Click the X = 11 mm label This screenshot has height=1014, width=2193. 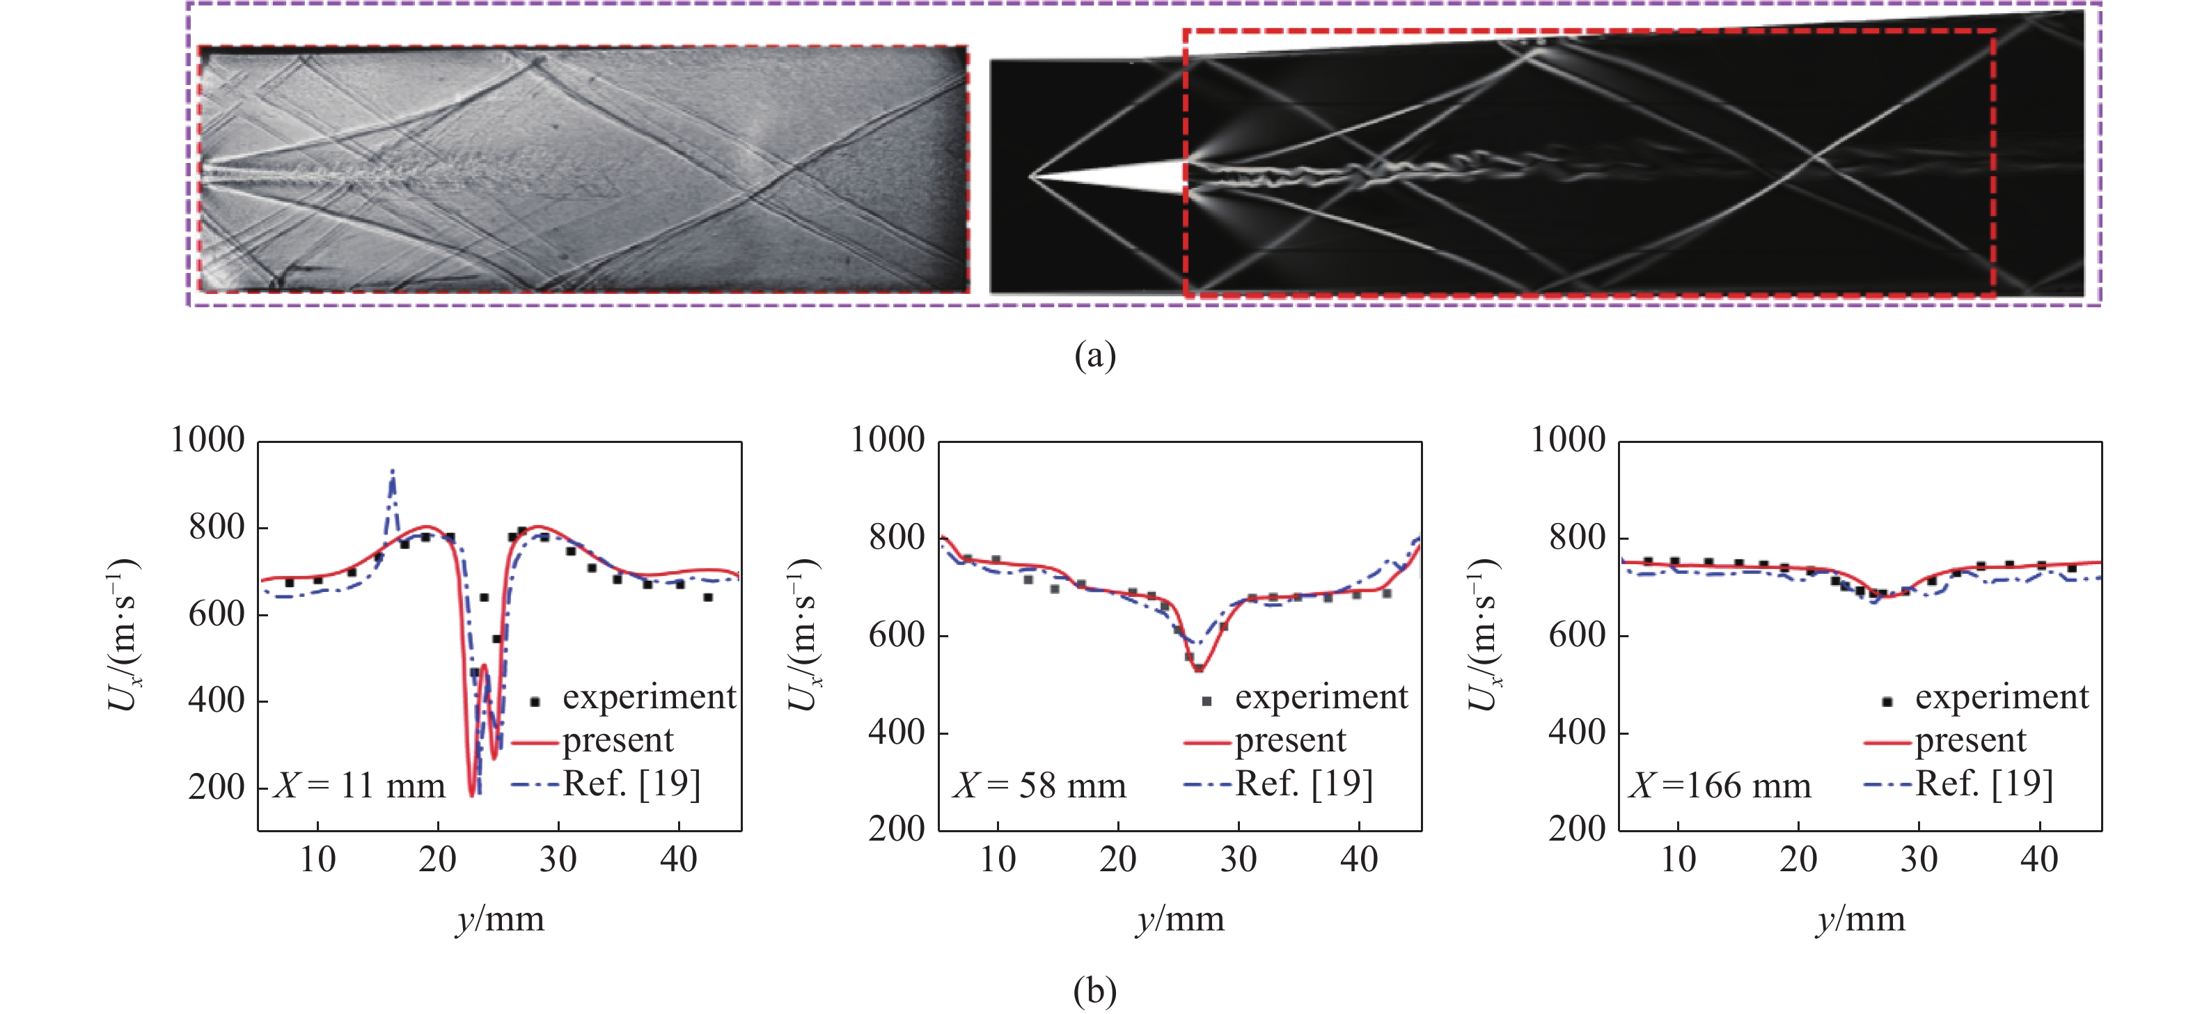click(x=359, y=785)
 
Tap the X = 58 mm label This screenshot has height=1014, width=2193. click(x=1039, y=785)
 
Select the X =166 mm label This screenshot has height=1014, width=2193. click(x=1720, y=785)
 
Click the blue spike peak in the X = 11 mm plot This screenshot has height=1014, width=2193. click(x=393, y=471)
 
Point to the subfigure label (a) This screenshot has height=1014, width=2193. click(x=1095, y=354)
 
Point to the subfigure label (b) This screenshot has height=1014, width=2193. click(x=1095, y=990)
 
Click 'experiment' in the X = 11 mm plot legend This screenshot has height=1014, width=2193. click(x=649, y=697)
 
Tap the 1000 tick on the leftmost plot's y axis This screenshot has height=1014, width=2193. click(x=207, y=440)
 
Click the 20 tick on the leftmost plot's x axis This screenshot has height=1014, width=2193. click(x=438, y=860)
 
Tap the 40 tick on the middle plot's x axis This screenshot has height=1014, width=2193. click(x=1359, y=860)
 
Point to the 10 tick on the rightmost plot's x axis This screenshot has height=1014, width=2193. click(x=1678, y=860)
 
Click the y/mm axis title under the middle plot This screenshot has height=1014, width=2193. click(x=1180, y=919)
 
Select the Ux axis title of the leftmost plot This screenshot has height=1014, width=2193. click(x=123, y=635)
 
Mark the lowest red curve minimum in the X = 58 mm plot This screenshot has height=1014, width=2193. click(x=1198, y=670)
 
